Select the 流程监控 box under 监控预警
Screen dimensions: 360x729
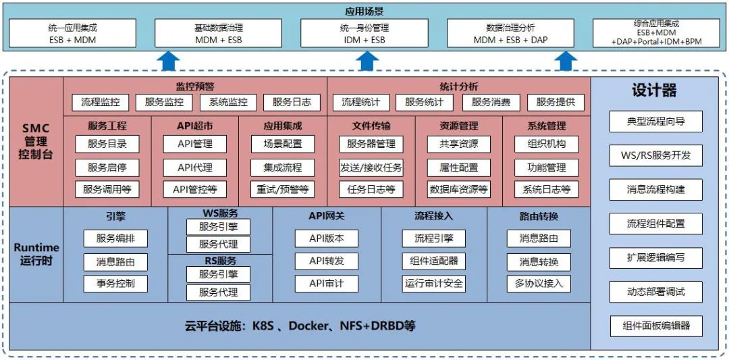(100, 103)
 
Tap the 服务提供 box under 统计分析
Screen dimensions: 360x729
(556, 103)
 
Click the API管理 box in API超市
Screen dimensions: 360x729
(195, 144)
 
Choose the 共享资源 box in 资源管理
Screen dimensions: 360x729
(458, 144)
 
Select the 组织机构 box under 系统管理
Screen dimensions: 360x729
(546, 144)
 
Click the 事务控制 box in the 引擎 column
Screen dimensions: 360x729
(115, 284)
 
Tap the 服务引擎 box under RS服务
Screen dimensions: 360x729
(218, 274)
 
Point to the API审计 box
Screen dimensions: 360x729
(326, 284)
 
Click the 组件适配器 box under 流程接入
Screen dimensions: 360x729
(434, 261)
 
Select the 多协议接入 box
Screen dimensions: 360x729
(539, 284)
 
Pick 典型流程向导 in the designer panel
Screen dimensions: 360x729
(655, 122)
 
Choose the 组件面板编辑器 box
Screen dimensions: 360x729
(655, 326)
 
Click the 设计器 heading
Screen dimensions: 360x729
(654, 91)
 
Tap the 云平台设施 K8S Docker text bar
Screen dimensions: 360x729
(300, 326)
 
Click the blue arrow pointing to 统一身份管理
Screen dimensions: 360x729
(366, 61)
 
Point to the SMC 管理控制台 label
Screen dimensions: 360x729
(35, 141)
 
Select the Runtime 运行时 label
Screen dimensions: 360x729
(36, 255)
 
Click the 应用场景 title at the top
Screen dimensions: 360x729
(364, 11)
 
